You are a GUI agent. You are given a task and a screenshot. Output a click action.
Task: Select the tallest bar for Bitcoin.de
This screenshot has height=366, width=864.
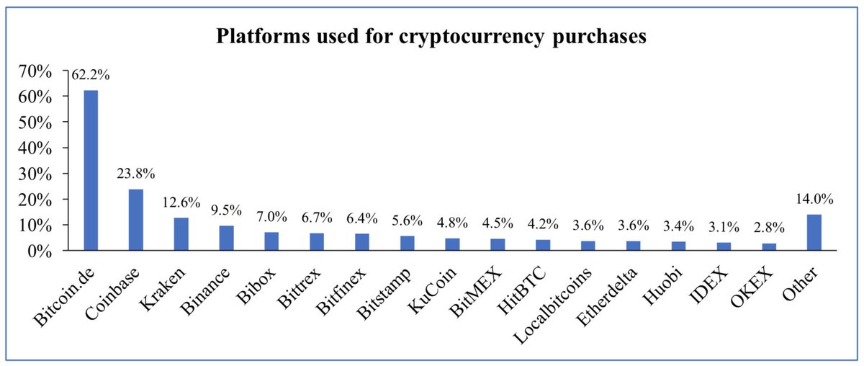pos(91,170)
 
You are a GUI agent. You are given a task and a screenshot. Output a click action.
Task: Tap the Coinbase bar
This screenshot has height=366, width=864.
pos(136,220)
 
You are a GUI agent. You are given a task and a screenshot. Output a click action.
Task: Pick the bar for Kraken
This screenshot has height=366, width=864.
pos(181,234)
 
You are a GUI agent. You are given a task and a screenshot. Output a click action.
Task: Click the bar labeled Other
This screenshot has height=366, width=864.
pos(814,232)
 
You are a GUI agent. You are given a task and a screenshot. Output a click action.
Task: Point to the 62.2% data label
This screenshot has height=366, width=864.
pos(91,74)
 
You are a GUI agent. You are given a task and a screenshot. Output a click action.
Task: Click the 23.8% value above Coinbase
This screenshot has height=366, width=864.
pos(136,174)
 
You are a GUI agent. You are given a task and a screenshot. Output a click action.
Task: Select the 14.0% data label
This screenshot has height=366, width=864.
pos(814,199)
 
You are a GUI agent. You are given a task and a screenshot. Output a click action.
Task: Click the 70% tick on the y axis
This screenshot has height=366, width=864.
pos(36,71)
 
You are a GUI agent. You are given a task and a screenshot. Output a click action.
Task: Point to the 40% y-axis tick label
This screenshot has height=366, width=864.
pos(36,148)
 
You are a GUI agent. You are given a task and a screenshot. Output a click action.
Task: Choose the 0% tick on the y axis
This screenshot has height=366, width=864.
pos(40,251)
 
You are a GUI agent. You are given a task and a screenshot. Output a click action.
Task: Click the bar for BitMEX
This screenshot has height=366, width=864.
pos(498,244)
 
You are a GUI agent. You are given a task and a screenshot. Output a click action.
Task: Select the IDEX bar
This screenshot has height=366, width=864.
pos(723,246)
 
